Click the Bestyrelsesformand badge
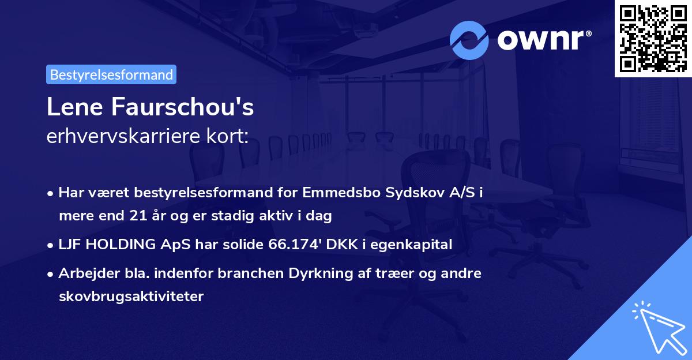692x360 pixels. [x=111, y=74]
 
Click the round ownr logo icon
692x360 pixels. [x=469, y=40]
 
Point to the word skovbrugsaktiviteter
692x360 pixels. [x=131, y=297]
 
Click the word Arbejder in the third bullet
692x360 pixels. [x=84, y=273]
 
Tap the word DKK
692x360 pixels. [x=339, y=245]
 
